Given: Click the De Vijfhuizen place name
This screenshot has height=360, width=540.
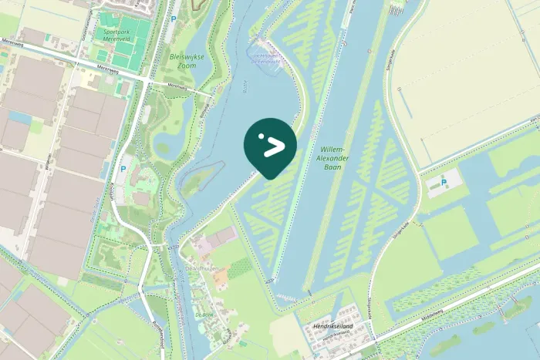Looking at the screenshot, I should click(202, 268).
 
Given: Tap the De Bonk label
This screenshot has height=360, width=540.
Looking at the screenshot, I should click(204, 315).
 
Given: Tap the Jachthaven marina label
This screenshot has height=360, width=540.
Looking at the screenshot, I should click(268, 59).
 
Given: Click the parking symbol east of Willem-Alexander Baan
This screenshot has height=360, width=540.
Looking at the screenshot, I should click(444, 183).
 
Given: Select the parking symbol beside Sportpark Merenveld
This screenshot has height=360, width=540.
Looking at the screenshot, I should click(173, 17).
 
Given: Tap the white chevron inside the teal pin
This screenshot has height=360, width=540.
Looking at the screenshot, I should click(274, 147).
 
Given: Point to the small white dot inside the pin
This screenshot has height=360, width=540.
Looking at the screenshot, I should click(262, 136).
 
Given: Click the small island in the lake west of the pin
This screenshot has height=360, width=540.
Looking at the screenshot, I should click(197, 181).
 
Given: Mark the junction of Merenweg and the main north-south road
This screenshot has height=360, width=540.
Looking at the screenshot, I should click(145, 78).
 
